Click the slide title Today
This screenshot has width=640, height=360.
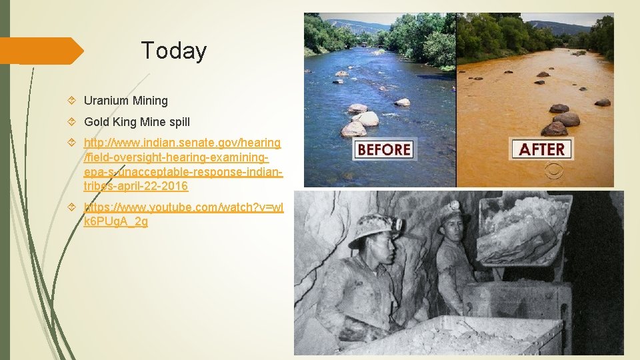pyautogui.click(x=174, y=51)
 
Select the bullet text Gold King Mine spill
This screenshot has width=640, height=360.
pyautogui.click(x=136, y=122)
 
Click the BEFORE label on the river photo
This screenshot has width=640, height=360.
pyautogui.click(x=383, y=149)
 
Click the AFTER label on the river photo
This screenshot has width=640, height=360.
pyautogui.click(x=541, y=149)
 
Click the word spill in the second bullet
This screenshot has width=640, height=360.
pyautogui.click(x=178, y=122)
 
